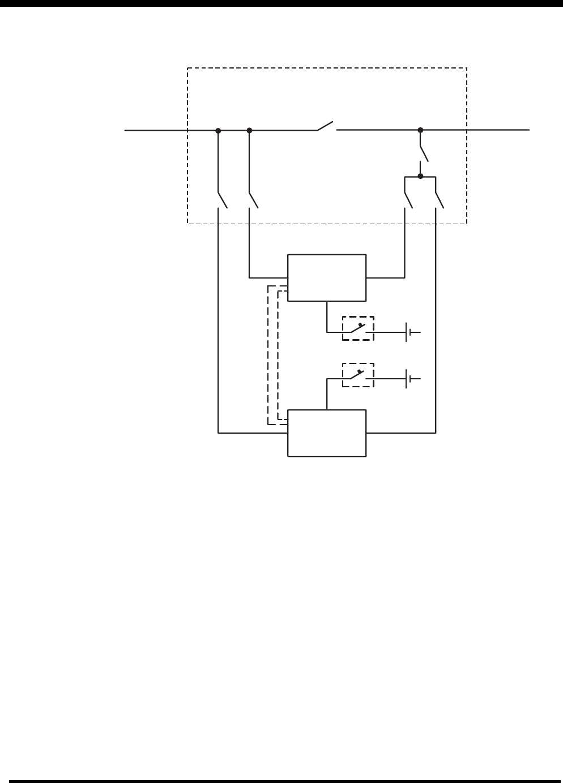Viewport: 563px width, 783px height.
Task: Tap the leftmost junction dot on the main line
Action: tap(218, 130)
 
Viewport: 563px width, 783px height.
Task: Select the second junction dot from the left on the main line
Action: tap(249, 130)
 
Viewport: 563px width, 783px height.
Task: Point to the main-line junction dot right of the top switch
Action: tap(420, 130)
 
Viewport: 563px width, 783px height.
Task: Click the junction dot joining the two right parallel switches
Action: tap(420, 177)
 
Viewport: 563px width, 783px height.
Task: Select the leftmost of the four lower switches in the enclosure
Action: tap(222, 200)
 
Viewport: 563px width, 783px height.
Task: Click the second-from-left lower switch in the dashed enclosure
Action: tap(253, 200)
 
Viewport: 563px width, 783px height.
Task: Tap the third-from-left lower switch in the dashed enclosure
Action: tap(408, 200)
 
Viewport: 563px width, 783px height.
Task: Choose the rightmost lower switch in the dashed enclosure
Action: tap(440, 200)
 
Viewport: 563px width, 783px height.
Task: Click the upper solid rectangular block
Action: tap(327, 278)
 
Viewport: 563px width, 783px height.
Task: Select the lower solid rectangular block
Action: tap(327, 433)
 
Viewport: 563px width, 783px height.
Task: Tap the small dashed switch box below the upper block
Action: tap(358, 328)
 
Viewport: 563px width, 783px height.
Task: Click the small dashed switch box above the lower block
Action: tap(358, 375)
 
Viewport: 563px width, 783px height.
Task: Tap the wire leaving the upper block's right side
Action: tap(385, 278)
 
